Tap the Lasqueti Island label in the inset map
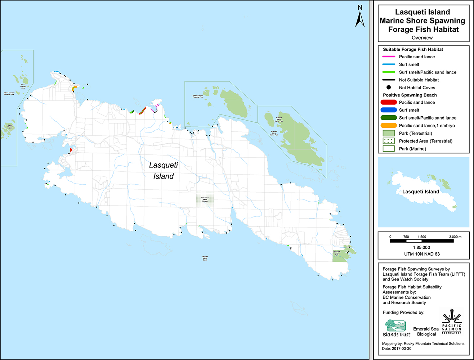coord(421,192)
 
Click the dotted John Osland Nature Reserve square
coord(205,199)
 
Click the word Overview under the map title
coord(422,38)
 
